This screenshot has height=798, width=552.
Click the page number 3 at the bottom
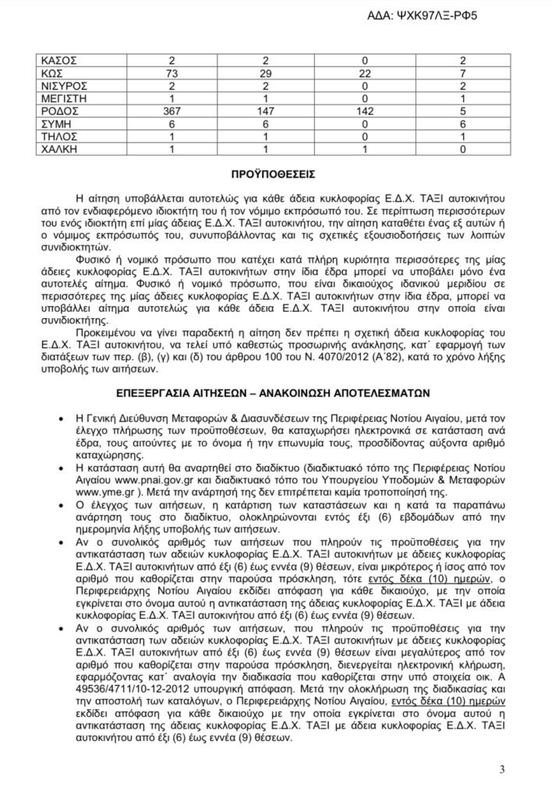tap(502, 771)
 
